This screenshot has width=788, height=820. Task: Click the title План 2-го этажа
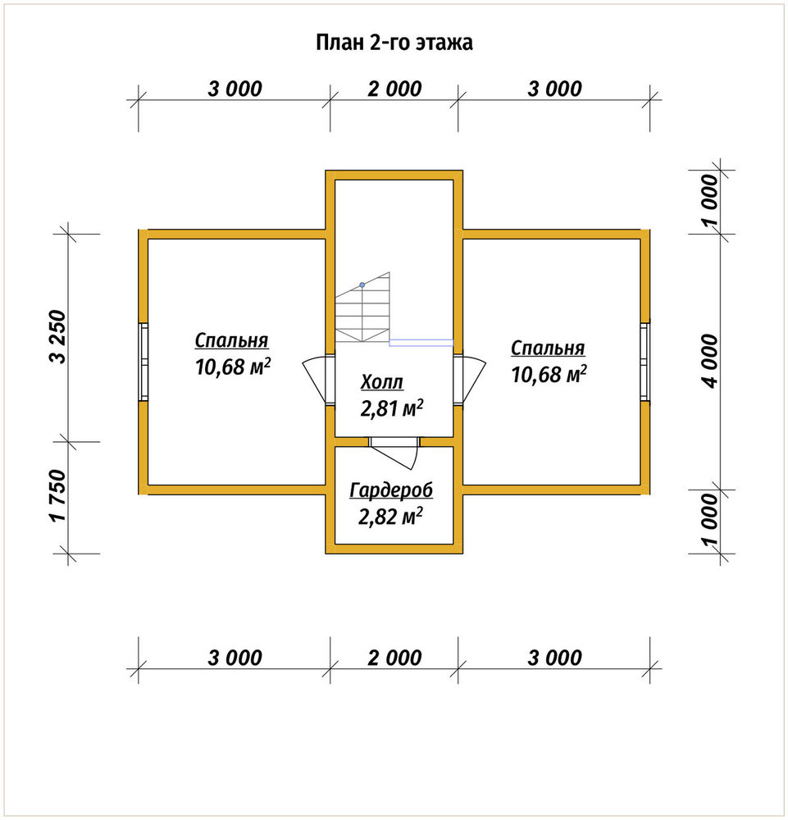coord(394,43)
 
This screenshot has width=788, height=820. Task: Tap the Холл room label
coord(382,382)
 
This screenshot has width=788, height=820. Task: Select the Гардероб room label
coord(391,490)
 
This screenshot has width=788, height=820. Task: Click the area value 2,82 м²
coord(390,517)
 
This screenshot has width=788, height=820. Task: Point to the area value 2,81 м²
coord(392,408)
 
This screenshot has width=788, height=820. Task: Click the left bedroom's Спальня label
coord(231,340)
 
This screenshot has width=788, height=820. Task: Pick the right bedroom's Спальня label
coord(548,348)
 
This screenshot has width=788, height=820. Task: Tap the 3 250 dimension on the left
coord(58,337)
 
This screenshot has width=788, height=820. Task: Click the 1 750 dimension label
coord(58,495)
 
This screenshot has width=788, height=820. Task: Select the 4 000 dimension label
coord(711,361)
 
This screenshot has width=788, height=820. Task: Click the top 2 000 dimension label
coord(394,89)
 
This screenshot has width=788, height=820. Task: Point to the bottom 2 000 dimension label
coord(394,658)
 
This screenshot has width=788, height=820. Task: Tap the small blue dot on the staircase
coord(362,285)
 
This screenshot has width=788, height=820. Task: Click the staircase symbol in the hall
coord(362,307)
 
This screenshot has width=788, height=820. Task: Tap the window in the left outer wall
coord(143,362)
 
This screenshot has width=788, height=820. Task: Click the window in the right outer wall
coord(645,362)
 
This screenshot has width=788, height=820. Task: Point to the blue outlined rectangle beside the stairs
coord(421,343)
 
